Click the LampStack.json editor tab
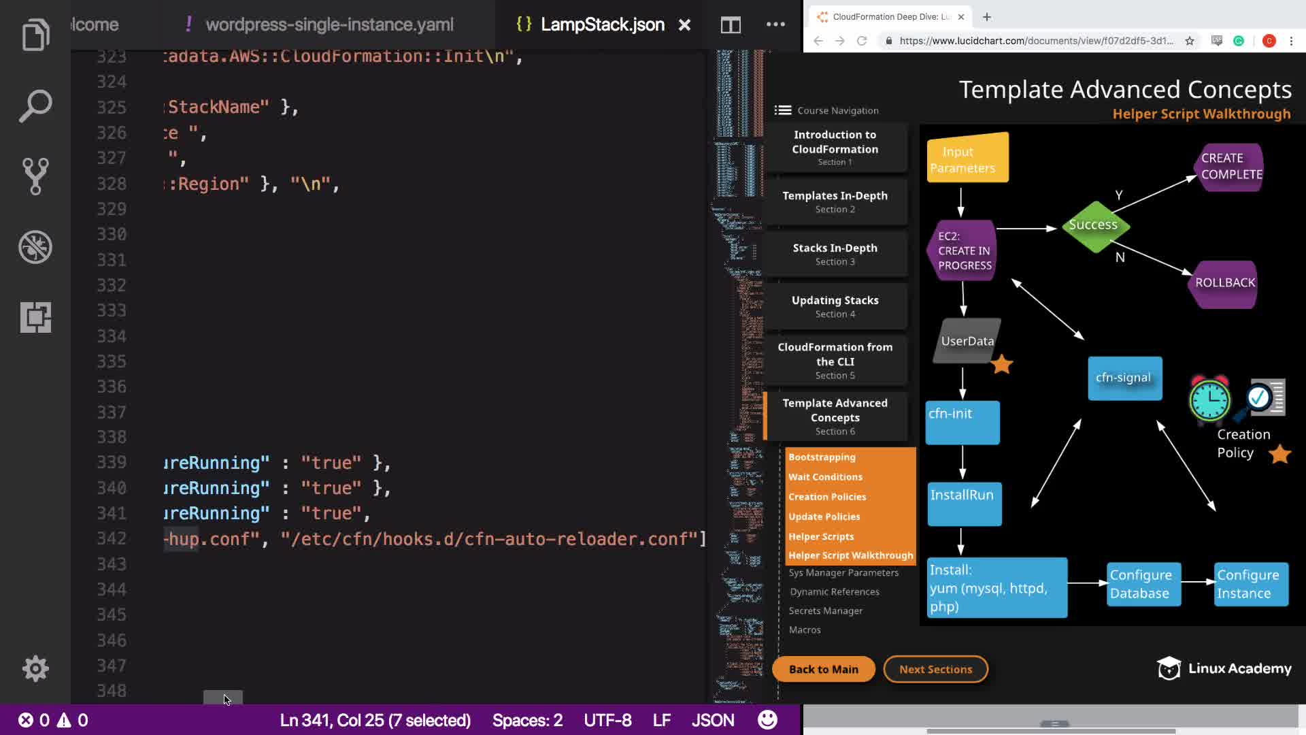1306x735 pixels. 601,25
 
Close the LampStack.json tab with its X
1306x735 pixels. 684,25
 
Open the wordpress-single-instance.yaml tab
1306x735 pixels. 329,25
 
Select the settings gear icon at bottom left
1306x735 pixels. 35,668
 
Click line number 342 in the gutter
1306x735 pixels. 112,539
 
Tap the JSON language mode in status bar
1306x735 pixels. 712,720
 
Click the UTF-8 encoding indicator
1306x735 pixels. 607,720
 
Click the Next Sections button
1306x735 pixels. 935,669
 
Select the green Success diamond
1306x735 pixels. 1093,225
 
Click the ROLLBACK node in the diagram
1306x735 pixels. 1224,283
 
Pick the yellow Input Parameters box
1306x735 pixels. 967,159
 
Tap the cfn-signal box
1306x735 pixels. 1124,378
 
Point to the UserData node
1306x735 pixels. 967,341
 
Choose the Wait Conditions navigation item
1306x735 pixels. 825,477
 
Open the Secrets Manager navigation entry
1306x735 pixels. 825,611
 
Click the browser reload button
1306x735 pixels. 862,41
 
